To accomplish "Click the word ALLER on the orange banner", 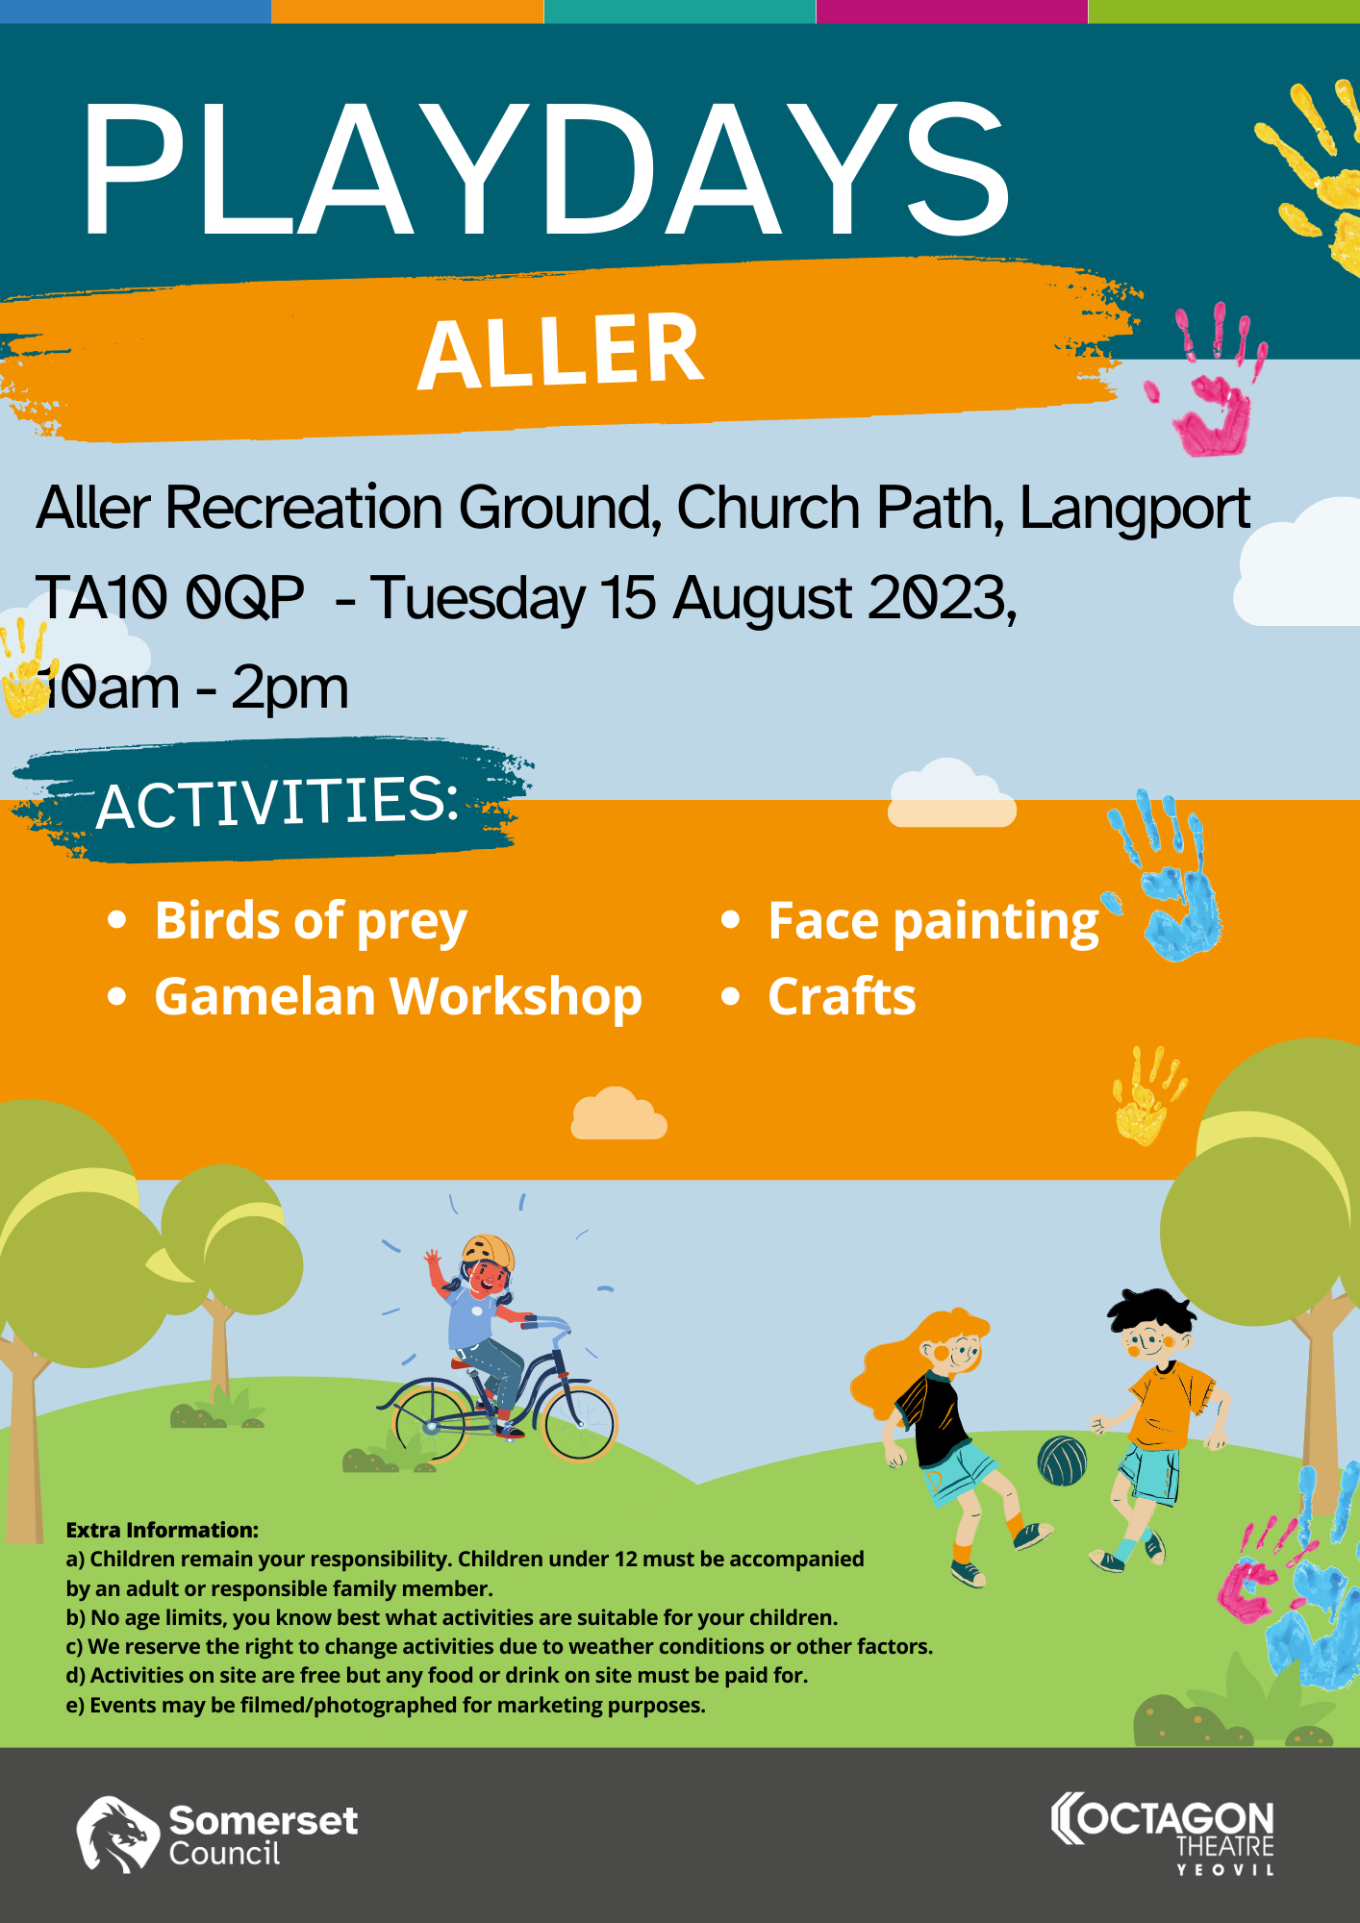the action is tap(562, 351).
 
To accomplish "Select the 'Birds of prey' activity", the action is tap(311, 922).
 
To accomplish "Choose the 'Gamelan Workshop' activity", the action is tap(398, 997).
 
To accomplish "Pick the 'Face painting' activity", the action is tap(933, 922).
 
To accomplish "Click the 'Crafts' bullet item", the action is tap(842, 996).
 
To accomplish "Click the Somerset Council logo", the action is tap(216, 1835).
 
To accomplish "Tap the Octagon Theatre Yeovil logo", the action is tap(1163, 1833).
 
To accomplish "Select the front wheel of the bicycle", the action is tap(579, 1423).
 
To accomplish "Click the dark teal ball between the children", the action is tap(1062, 1461).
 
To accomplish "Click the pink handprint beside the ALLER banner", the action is tap(1210, 385).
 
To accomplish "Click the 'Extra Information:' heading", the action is tap(163, 1530).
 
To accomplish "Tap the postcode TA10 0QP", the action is tap(170, 598).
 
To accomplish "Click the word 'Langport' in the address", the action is tap(1135, 509).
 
